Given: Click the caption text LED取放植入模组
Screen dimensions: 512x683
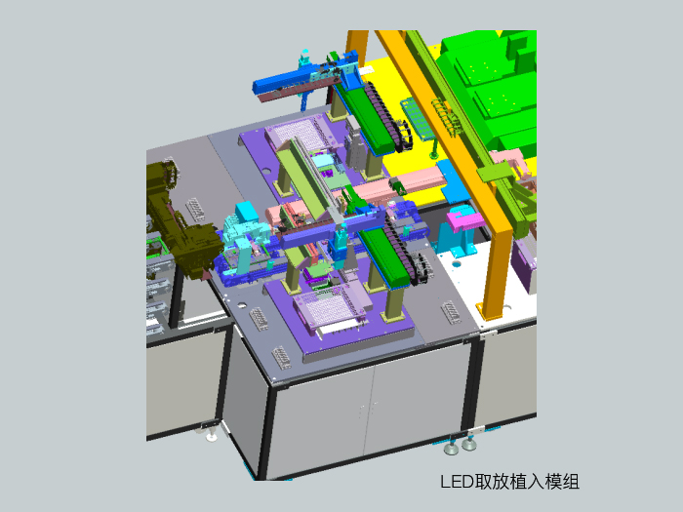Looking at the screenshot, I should (x=509, y=482).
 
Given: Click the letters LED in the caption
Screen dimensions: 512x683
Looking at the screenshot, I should (x=456, y=482).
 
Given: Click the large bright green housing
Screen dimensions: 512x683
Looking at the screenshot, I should (x=493, y=88).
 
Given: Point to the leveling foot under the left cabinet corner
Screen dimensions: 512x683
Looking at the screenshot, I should (x=212, y=431).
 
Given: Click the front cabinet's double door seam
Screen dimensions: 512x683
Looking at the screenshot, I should (x=368, y=410).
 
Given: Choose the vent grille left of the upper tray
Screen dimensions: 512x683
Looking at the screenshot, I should (x=195, y=207).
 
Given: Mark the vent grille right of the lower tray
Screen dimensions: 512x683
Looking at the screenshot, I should (x=451, y=312).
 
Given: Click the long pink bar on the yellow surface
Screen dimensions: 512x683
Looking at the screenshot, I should (x=420, y=181).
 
